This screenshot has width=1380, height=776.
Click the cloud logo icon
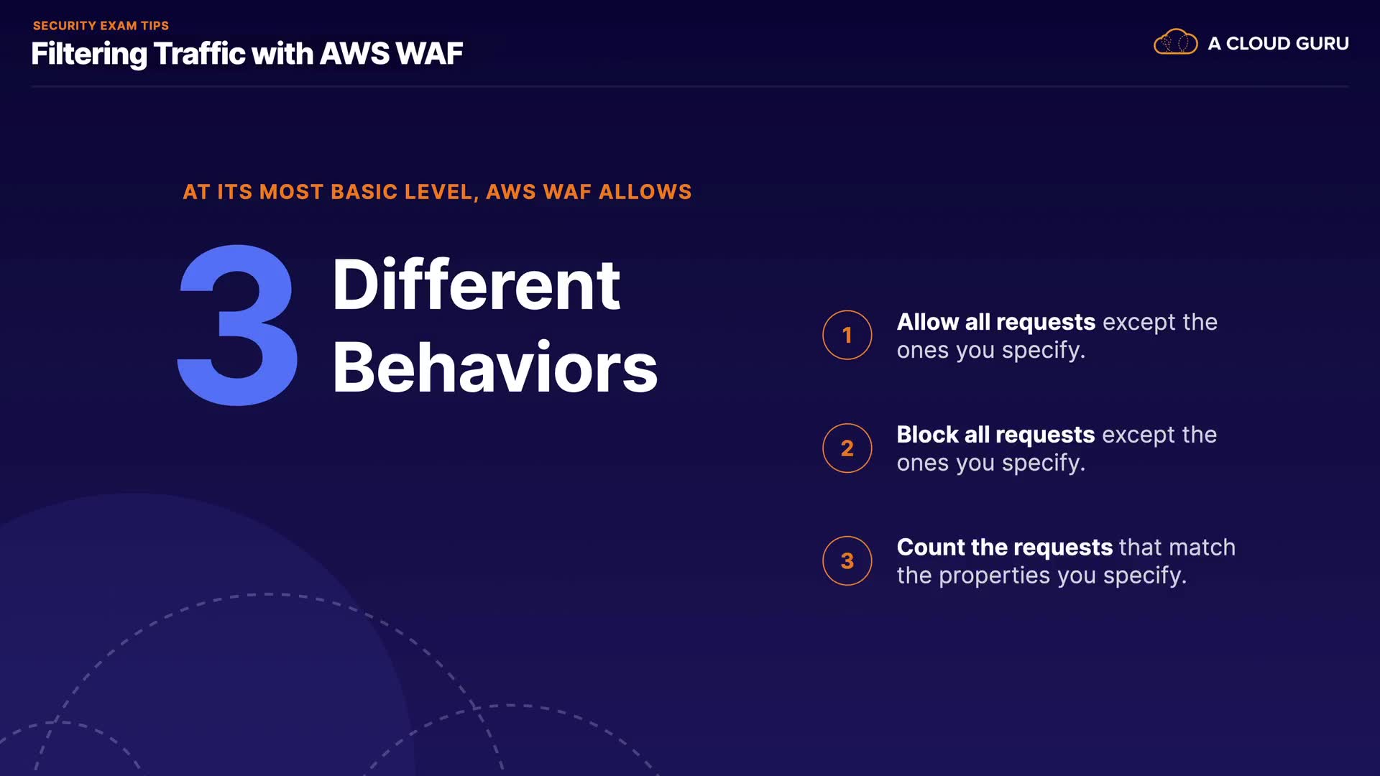pyautogui.click(x=1175, y=42)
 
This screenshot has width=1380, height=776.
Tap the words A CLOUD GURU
pyautogui.click(x=1278, y=44)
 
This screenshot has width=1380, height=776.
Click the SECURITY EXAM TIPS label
pyautogui.click(x=101, y=26)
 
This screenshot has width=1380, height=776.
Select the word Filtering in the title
pyautogui.click(x=89, y=55)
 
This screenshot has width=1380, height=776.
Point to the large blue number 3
pyautogui.click(x=238, y=325)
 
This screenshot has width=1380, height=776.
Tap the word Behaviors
pyautogui.click(x=494, y=367)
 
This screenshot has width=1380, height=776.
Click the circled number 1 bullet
pyautogui.click(x=847, y=335)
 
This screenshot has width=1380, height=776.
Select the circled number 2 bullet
pyautogui.click(x=847, y=448)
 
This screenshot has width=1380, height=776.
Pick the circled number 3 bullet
pyautogui.click(x=847, y=560)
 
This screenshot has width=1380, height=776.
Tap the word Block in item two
pyautogui.click(x=927, y=435)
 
